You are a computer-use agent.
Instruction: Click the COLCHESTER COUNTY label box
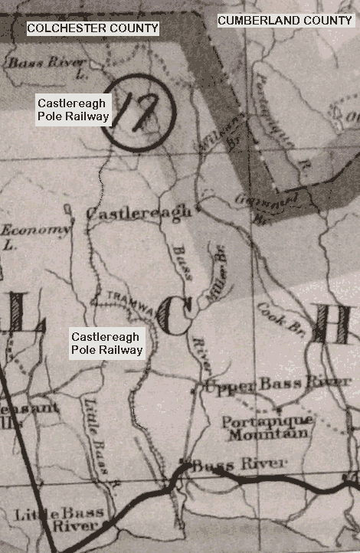tap(93, 28)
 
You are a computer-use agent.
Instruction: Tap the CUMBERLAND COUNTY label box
tap(285, 21)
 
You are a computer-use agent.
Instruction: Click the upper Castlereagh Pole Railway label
tap(74, 110)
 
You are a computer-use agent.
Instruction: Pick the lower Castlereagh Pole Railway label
tap(106, 343)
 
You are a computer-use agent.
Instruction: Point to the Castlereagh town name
tap(139, 214)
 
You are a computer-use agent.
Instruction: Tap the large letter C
tap(175, 316)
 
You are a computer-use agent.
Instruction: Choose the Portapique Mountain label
tap(267, 427)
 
